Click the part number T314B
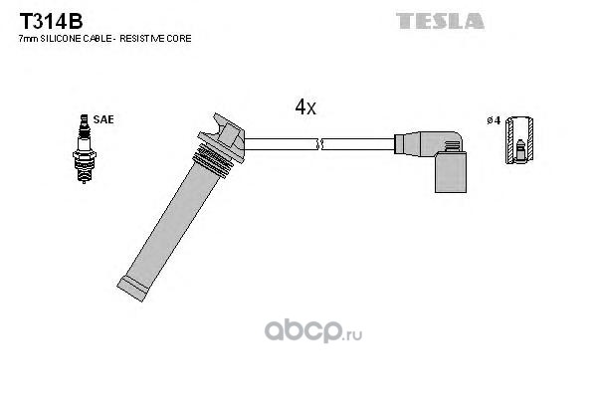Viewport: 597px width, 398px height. [x=51, y=21]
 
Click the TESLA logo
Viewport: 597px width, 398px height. [x=440, y=21]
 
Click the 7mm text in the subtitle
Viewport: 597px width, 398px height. [x=29, y=39]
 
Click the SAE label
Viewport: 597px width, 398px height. [x=103, y=119]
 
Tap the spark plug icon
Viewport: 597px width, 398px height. [x=85, y=149]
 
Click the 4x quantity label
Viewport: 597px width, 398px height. [x=305, y=107]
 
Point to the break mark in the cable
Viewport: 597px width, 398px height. [x=319, y=144]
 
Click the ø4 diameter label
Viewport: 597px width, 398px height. [x=494, y=120]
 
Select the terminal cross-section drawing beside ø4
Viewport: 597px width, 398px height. [x=519, y=139]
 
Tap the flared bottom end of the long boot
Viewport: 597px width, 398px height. [x=132, y=290]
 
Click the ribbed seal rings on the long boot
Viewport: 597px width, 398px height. [x=213, y=160]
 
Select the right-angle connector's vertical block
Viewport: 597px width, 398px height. [x=451, y=172]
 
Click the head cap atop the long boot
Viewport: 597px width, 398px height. [x=224, y=135]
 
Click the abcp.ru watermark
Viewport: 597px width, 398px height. [x=313, y=331]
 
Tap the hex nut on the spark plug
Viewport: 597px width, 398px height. [x=85, y=155]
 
